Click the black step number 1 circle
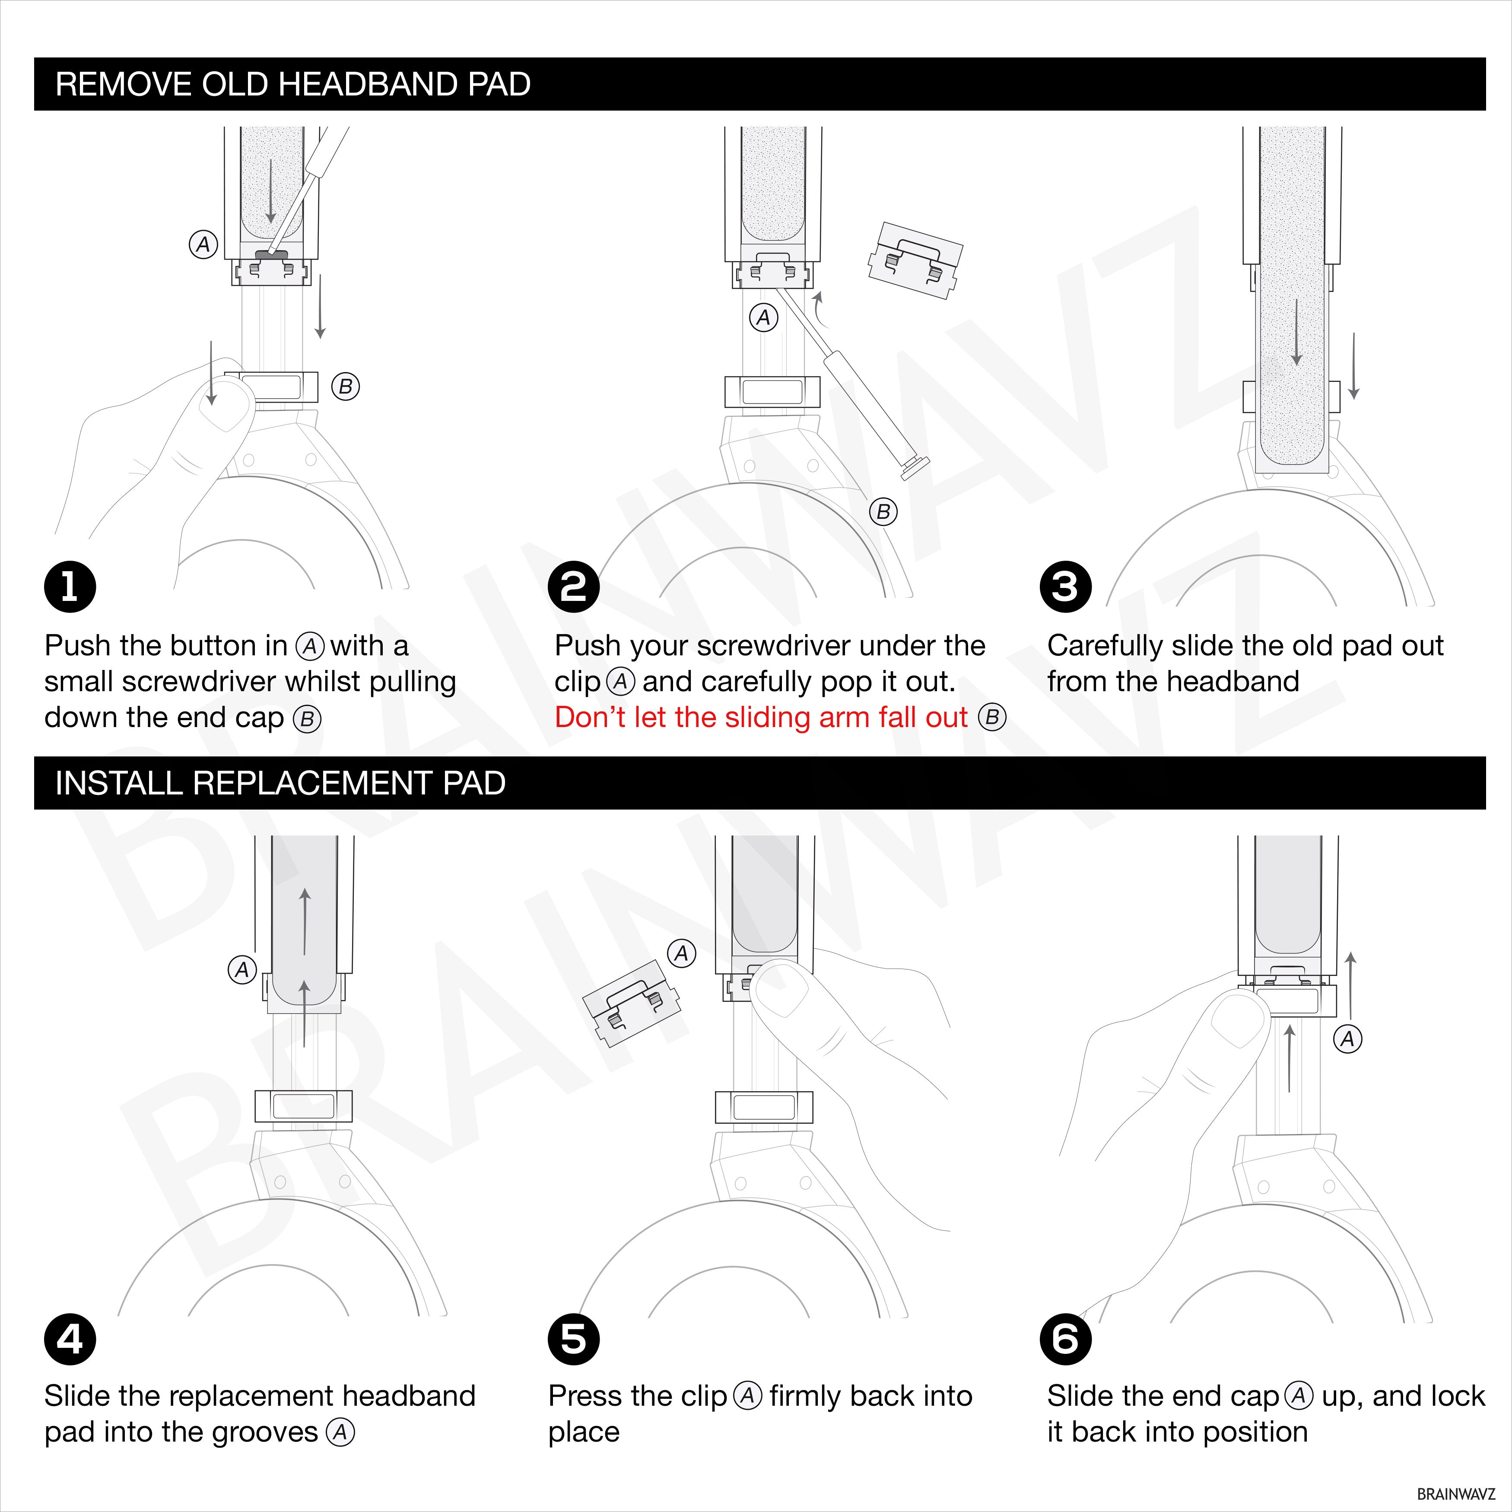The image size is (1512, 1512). [x=70, y=587]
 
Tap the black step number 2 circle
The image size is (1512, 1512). [x=574, y=587]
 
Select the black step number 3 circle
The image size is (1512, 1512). [x=1065, y=587]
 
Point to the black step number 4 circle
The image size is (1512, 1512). [x=70, y=1339]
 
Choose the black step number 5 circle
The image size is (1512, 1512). [x=574, y=1339]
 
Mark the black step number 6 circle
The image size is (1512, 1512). [x=1065, y=1339]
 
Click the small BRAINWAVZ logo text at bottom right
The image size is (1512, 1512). [x=1456, y=1494]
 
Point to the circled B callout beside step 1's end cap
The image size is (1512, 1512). [x=345, y=387]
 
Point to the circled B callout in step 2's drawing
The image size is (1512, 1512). [x=883, y=512]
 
